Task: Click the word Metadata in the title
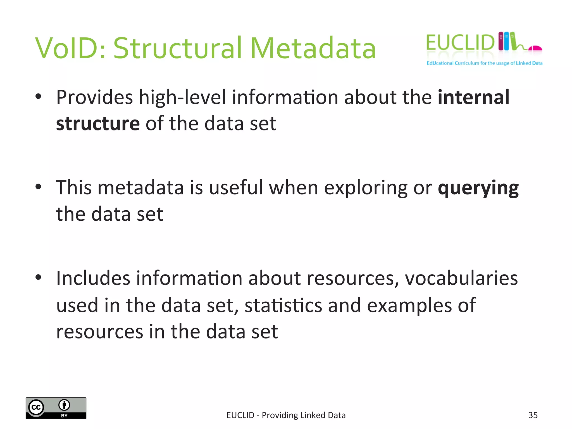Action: [x=313, y=48]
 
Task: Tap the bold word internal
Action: [x=473, y=97]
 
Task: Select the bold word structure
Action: [x=98, y=124]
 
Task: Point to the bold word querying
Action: [x=478, y=189]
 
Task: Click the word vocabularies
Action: [x=461, y=278]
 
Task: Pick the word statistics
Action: [x=283, y=305]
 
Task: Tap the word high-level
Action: [x=182, y=98]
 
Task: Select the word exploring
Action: [x=366, y=189]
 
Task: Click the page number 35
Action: [x=533, y=415]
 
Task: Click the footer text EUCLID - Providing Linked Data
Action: [x=286, y=415]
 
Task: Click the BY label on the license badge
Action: [x=64, y=416]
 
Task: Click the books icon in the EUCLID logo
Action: [x=507, y=41]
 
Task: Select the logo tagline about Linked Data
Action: [x=484, y=63]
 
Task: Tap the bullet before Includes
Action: [x=39, y=278]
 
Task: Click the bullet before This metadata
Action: [x=39, y=187]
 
